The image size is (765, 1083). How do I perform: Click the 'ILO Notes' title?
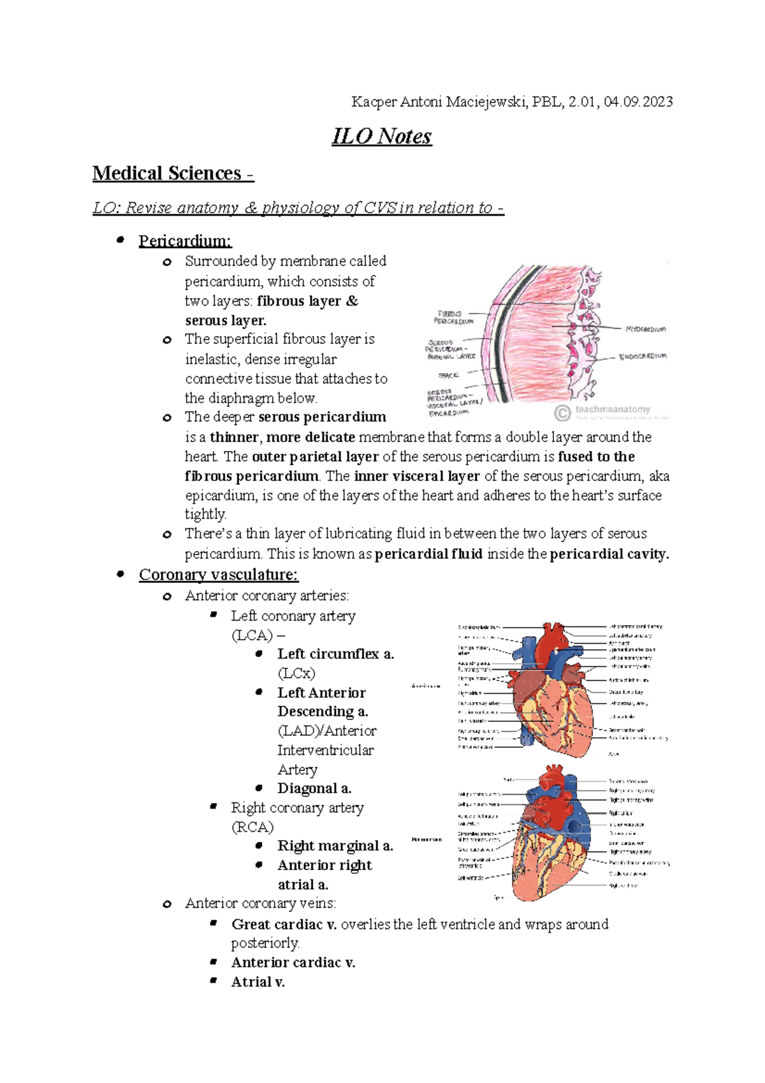coord(382,136)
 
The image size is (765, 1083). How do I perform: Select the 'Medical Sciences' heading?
coord(167,173)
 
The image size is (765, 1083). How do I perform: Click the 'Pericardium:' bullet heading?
coord(185,241)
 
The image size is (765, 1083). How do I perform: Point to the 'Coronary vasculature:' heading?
coord(218,575)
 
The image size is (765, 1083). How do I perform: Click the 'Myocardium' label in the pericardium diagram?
coord(645,329)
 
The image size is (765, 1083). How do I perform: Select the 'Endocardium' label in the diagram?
coord(643,357)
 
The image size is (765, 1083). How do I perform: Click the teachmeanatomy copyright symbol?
coord(562,413)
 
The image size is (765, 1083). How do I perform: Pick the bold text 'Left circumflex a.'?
coord(335,654)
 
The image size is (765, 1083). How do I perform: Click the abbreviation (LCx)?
coord(296,673)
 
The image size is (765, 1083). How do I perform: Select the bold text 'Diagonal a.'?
coord(314,788)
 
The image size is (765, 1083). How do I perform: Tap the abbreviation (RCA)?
coord(252,827)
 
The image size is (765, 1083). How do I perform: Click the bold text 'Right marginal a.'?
coord(335,846)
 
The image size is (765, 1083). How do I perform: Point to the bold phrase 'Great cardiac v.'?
coord(284,924)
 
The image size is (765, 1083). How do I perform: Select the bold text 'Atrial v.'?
coord(258,982)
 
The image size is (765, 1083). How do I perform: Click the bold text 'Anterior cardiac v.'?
coord(293,962)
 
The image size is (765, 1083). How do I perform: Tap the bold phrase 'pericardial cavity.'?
coord(609,554)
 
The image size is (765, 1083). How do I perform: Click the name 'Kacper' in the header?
coord(374,102)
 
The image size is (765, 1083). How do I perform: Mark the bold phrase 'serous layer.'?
coord(226,320)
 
